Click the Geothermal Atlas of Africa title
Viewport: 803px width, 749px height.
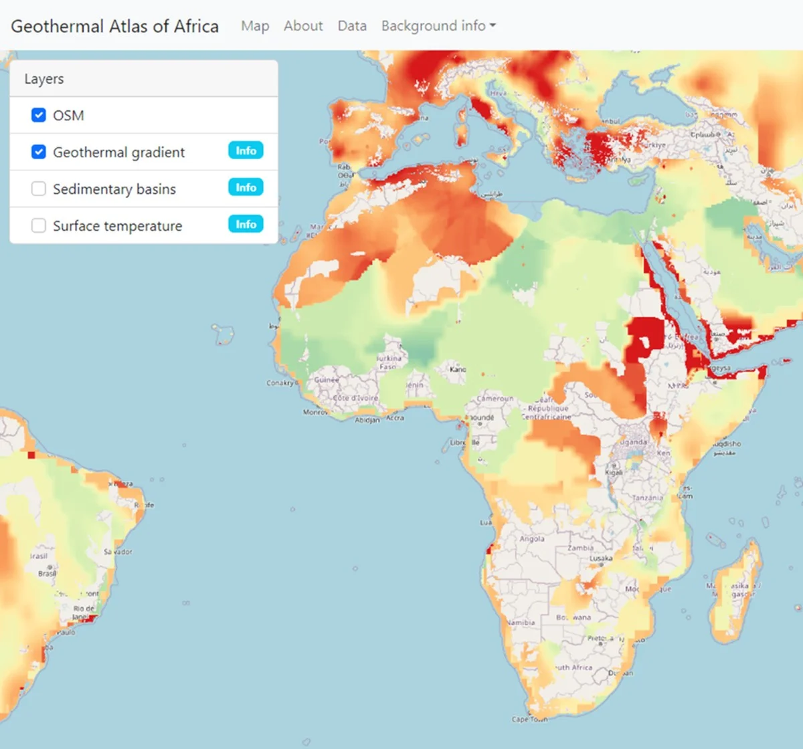(x=114, y=26)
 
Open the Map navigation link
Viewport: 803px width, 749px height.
(x=255, y=26)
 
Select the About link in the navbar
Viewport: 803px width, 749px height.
(x=303, y=26)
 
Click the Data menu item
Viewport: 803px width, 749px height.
(x=352, y=26)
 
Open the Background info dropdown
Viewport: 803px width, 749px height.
(x=438, y=26)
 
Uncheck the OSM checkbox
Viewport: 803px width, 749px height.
(x=39, y=115)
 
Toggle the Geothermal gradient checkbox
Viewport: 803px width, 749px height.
(x=39, y=152)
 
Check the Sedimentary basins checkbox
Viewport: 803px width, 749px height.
(x=39, y=189)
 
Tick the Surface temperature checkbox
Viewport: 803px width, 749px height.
(x=39, y=225)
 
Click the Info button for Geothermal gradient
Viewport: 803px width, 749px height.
(x=246, y=150)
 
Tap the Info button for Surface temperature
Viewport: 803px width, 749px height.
(x=246, y=224)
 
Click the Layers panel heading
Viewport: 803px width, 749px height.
(x=44, y=79)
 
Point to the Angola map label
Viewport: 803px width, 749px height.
(x=532, y=539)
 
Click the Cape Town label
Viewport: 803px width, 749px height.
(x=529, y=720)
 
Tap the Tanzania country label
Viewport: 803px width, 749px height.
(x=647, y=498)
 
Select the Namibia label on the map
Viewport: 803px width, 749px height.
(x=521, y=623)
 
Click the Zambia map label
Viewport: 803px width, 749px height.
(x=580, y=548)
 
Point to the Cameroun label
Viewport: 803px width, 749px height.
(x=495, y=399)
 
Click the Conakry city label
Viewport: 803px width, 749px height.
(x=280, y=383)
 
